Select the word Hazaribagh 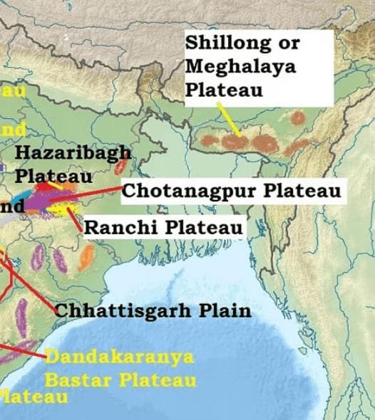73,152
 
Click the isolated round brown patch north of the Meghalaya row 297,117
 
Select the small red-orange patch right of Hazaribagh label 123,167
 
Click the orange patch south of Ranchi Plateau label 86,257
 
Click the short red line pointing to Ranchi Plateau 75,221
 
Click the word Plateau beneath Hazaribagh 53,175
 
